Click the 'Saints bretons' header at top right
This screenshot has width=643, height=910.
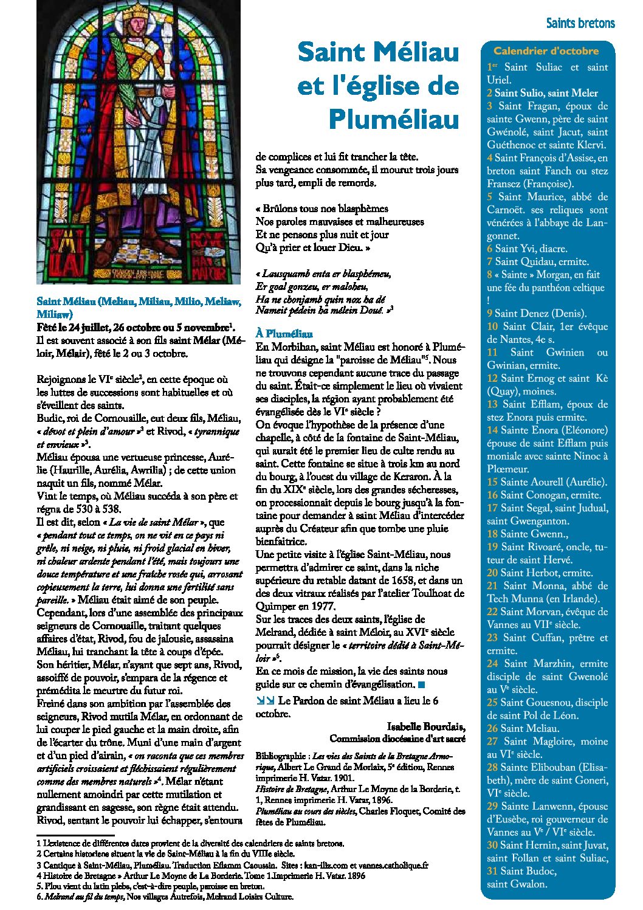click(580, 24)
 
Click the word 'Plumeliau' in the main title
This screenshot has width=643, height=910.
click(394, 119)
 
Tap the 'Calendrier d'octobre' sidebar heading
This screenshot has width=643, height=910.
click(546, 51)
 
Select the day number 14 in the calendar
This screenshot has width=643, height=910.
click(492, 430)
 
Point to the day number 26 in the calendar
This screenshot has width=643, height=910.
click(492, 728)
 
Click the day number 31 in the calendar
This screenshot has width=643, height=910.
click(492, 871)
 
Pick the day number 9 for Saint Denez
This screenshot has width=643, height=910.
click(489, 314)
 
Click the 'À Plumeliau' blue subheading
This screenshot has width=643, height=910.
click(284, 334)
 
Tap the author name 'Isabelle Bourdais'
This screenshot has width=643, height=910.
click(426, 727)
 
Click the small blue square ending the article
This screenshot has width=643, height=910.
click(422, 685)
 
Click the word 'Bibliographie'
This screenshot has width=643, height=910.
click(281, 756)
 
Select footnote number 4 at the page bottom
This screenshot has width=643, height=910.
click(39, 876)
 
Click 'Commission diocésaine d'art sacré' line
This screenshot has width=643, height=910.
click(397, 739)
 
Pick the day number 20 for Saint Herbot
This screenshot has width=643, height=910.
click(492, 573)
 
